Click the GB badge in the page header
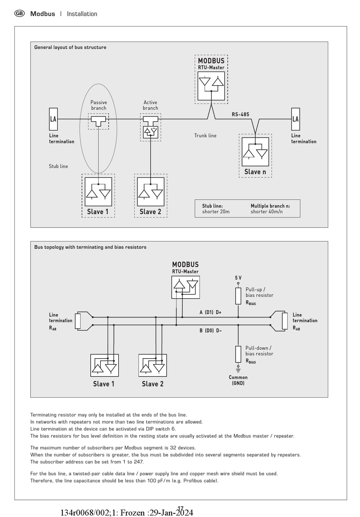pos(19,14)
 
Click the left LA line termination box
pos(53,119)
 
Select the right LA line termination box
pos(296,119)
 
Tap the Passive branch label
pos(99,105)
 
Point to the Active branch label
pos(150,105)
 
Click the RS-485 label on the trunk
pos(241,114)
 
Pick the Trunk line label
pos(205,135)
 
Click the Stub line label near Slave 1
pos(58,166)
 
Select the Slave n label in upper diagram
pos(255,172)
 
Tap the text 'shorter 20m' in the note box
pos(216,211)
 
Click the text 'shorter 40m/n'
pos(267,211)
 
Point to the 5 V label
pos(238,278)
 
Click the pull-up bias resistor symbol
pos(238,296)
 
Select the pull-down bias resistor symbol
pos(238,354)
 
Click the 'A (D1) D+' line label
pos(210,312)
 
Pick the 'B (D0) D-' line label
pos(210,331)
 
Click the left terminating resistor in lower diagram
pos(78,321)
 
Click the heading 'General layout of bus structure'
pos(70,47)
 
